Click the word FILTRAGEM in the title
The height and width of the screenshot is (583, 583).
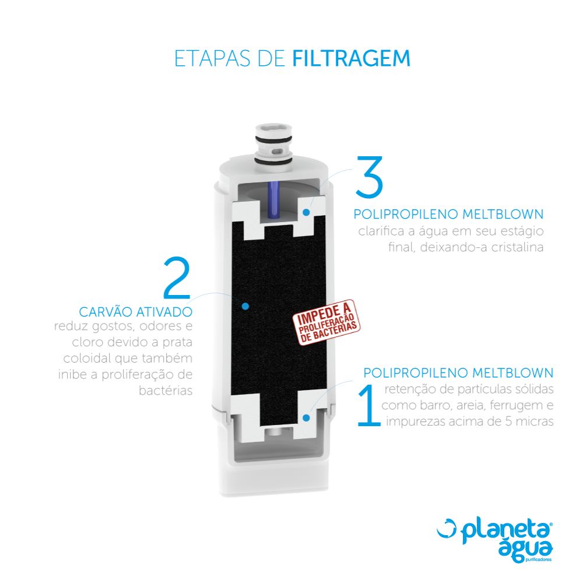[x=352, y=58]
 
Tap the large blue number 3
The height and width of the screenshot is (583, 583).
[x=369, y=177]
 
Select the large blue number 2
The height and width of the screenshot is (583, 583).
[x=177, y=278]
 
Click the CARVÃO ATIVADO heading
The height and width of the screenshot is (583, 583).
[x=136, y=311]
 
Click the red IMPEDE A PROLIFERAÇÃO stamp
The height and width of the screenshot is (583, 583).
[x=326, y=322]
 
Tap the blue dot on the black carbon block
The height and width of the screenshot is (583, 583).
[x=245, y=306]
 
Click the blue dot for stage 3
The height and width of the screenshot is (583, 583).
[x=306, y=212]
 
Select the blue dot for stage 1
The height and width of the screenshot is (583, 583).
[x=306, y=418]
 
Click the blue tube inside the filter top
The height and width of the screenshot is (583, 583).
[x=273, y=199]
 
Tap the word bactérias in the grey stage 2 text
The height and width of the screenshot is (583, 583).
[x=166, y=391]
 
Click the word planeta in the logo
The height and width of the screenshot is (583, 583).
[x=505, y=532]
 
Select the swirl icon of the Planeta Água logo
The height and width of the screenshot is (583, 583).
[x=447, y=528]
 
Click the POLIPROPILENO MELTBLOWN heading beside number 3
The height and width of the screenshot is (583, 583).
[x=448, y=214]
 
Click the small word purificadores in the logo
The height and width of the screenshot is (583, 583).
[x=539, y=560]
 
